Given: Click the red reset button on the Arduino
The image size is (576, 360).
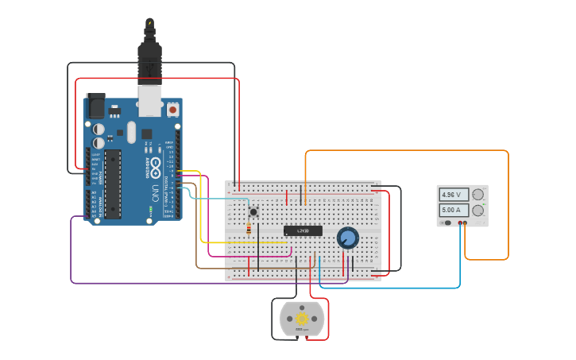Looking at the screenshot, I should click(172, 108).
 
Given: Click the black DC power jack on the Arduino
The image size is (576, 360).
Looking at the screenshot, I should click(95, 106).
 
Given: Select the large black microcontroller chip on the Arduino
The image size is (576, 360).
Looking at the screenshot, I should click(113, 183).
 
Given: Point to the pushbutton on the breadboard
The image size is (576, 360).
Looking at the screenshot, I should click(253, 211).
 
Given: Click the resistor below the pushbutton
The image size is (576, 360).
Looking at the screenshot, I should click(249, 230).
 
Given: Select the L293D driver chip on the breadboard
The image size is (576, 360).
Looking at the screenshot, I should click(303, 230).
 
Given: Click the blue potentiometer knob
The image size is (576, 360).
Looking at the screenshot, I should click(347, 238).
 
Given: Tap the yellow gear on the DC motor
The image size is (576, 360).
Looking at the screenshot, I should click(302, 319).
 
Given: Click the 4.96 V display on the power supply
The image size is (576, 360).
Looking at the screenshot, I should click(454, 195).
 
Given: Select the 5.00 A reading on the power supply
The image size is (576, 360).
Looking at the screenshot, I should click(454, 211).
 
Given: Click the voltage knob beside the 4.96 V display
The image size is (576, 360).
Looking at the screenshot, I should click(477, 195).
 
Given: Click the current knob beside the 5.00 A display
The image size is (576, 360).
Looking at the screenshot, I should click(477, 211).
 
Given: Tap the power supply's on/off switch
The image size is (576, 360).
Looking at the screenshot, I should click(448, 223).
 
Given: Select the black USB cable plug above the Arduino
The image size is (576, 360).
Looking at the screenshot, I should click(149, 60).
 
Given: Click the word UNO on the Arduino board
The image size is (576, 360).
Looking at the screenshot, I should click(156, 192).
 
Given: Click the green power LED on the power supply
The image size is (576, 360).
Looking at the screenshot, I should click(483, 205).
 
